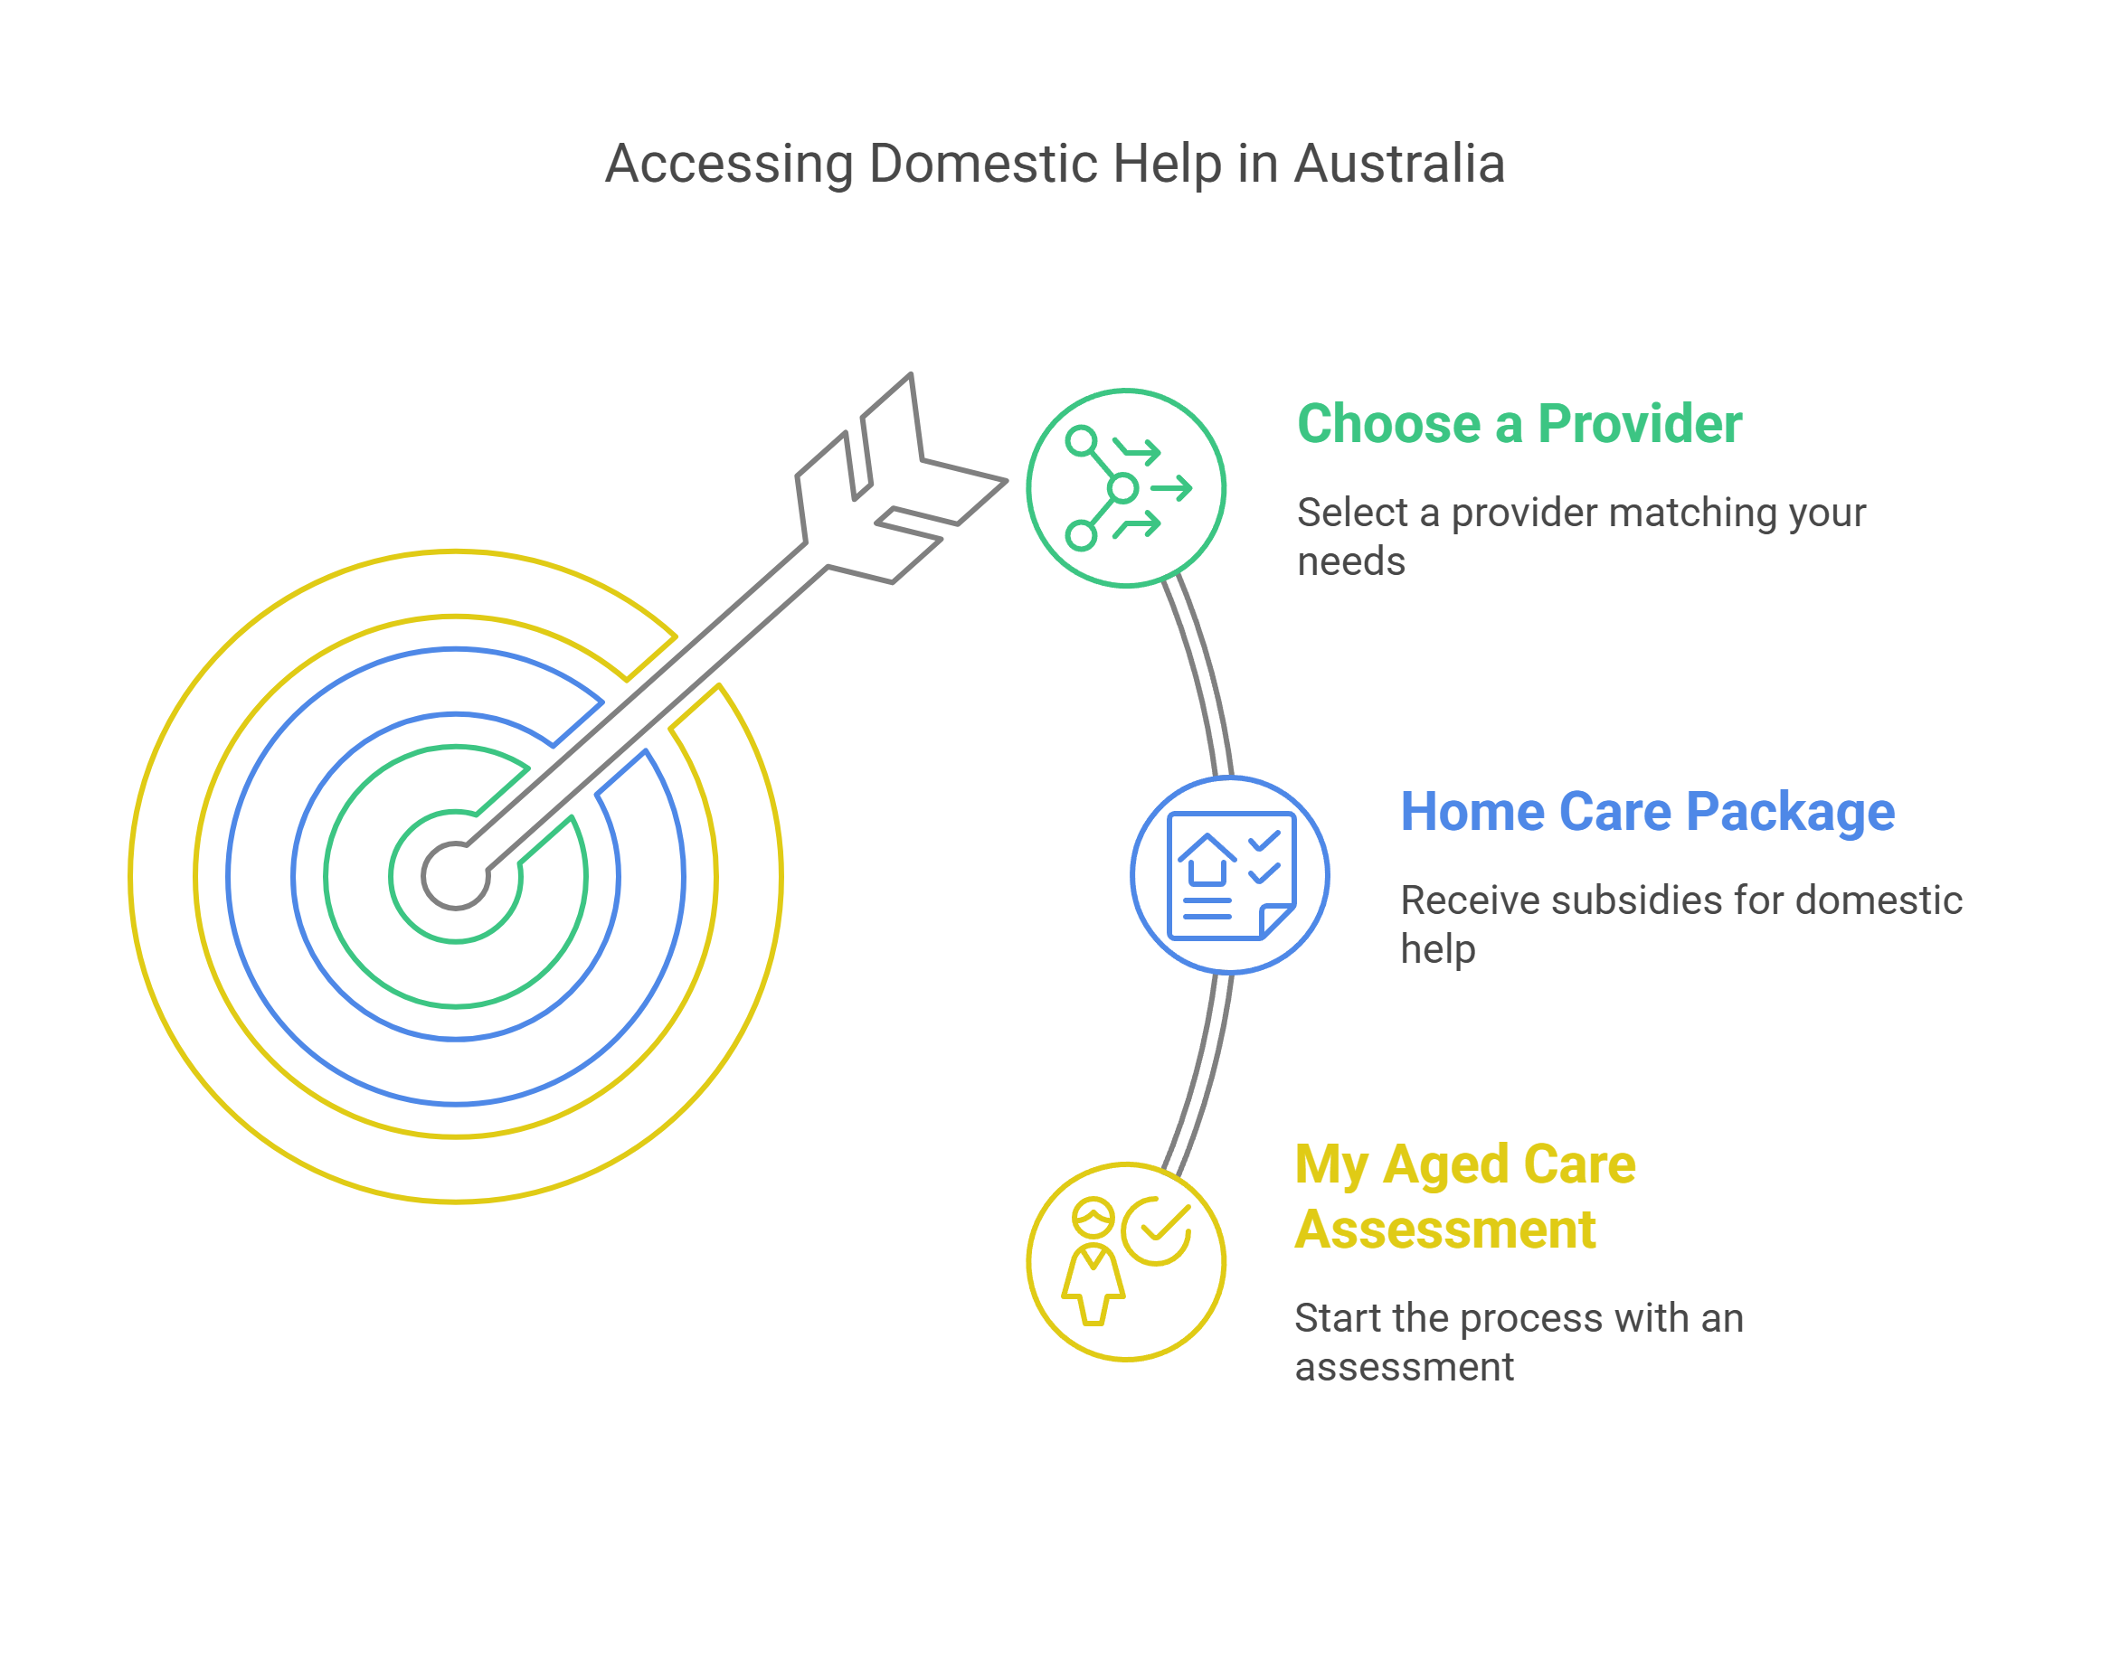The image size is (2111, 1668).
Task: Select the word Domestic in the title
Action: [x=986, y=164]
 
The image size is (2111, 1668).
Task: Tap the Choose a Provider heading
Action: [x=1518, y=424]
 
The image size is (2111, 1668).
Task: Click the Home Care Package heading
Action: [x=1647, y=812]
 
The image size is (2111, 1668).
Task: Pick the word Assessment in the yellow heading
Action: [x=1444, y=1229]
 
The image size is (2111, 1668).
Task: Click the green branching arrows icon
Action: [x=1125, y=488]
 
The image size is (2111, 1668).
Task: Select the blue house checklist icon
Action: [x=1230, y=875]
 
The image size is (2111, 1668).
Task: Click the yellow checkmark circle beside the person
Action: [x=1158, y=1230]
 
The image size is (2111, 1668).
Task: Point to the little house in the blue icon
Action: [x=1207, y=860]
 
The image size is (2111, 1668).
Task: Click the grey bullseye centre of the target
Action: [x=455, y=875]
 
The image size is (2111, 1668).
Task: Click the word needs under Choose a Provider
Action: [x=1350, y=561]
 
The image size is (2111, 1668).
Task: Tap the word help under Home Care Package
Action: [x=1437, y=949]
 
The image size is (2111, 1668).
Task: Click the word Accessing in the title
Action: [x=729, y=164]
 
